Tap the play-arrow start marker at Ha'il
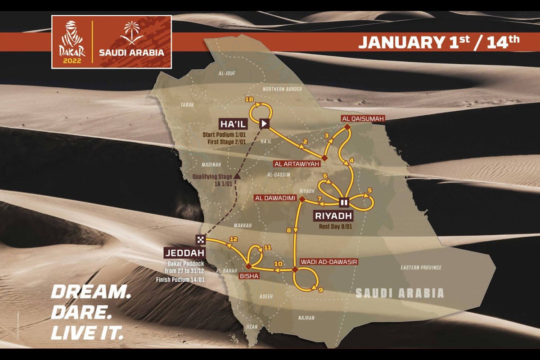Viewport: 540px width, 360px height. point(265,123)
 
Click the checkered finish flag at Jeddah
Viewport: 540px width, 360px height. point(200,239)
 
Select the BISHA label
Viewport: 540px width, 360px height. point(248,276)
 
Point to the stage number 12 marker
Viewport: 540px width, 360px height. point(233,239)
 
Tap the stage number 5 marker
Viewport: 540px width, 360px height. point(369,190)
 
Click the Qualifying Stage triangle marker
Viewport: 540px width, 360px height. point(235,175)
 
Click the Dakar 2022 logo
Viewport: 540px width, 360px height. point(72,41)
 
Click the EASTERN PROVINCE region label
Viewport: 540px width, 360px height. point(421,267)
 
